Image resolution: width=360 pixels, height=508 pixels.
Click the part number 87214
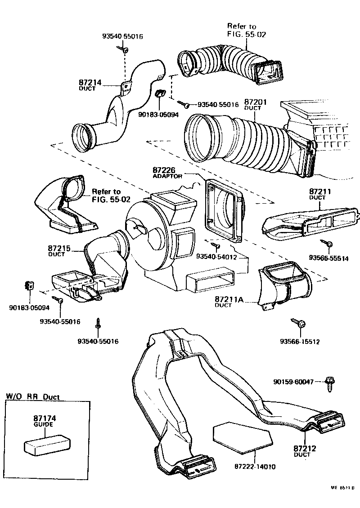(90, 83)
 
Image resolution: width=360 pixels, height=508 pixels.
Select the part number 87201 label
(255, 102)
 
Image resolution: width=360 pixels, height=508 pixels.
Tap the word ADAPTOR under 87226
(167, 176)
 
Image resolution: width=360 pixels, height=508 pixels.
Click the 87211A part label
(229, 299)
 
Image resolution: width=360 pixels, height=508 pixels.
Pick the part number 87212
(305, 448)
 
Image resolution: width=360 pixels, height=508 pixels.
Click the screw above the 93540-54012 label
(217, 246)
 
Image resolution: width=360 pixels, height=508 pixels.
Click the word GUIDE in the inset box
(44, 424)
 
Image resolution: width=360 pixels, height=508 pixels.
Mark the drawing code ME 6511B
(343, 487)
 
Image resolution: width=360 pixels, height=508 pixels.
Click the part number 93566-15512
(299, 341)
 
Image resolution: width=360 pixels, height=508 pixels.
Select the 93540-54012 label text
(216, 256)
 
